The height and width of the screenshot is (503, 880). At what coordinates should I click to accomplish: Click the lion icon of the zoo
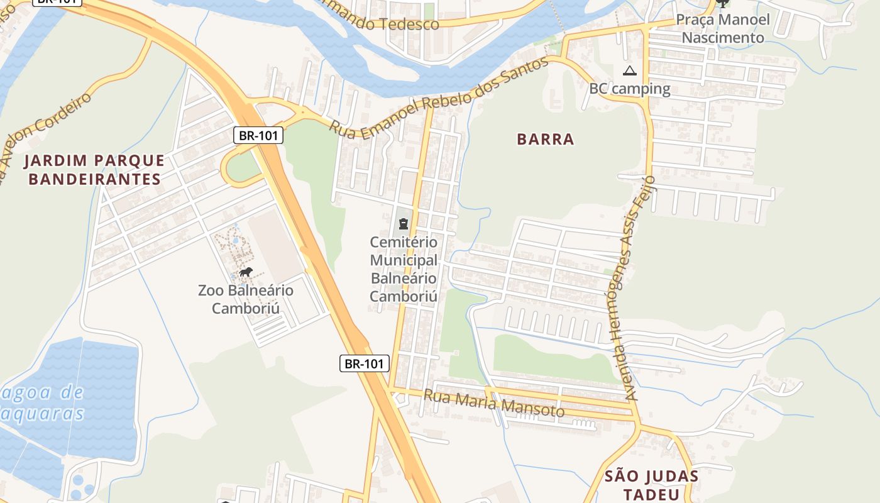point(246,272)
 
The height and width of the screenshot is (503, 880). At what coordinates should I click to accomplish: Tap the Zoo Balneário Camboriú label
point(246,299)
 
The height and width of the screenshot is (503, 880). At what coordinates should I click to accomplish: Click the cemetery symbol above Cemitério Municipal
point(403,223)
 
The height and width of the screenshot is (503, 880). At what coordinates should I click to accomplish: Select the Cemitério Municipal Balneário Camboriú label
point(404,269)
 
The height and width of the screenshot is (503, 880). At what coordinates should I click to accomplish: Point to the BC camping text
point(630,89)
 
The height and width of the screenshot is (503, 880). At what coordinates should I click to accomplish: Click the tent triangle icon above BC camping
point(630,70)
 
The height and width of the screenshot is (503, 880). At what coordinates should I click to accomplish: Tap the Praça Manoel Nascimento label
point(723,28)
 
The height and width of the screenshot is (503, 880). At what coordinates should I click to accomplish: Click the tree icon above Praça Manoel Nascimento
point(723,3)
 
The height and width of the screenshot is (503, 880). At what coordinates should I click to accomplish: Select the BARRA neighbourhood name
point(546,140)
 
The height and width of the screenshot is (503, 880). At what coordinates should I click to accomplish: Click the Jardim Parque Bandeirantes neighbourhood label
point(94,170)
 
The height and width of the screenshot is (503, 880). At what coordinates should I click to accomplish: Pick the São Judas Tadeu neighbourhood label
point(651,484)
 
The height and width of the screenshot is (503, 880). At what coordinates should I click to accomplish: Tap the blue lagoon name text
point(41,403)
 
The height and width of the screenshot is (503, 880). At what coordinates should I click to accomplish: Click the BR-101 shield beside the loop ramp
point(258,135)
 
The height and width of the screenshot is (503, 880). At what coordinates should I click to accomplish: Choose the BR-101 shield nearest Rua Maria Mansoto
point(365,363)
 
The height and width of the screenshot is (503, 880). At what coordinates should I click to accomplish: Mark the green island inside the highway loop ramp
point(243,166)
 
